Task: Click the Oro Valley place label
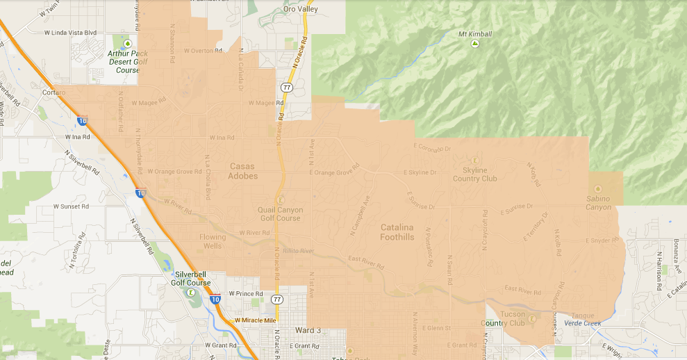(x=300, y=9)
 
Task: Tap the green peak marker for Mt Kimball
(x=475, y=44)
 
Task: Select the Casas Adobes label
(x=242, y=171)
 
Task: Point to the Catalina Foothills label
(x=397, y=232)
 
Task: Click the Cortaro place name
(x=53, y=92)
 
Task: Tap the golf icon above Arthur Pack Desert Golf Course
(x=125, y=44)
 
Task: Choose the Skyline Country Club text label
(x=475, y=174)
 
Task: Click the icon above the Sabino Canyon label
(x=598, y=188)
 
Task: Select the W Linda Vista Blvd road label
(x=70, y=33)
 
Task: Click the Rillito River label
(x=299, y=251)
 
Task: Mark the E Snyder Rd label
(x=600, y=240)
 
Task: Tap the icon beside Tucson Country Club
(x=531, y=319)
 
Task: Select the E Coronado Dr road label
(x=432, y=148)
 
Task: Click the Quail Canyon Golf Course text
(x=281, y=214)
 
